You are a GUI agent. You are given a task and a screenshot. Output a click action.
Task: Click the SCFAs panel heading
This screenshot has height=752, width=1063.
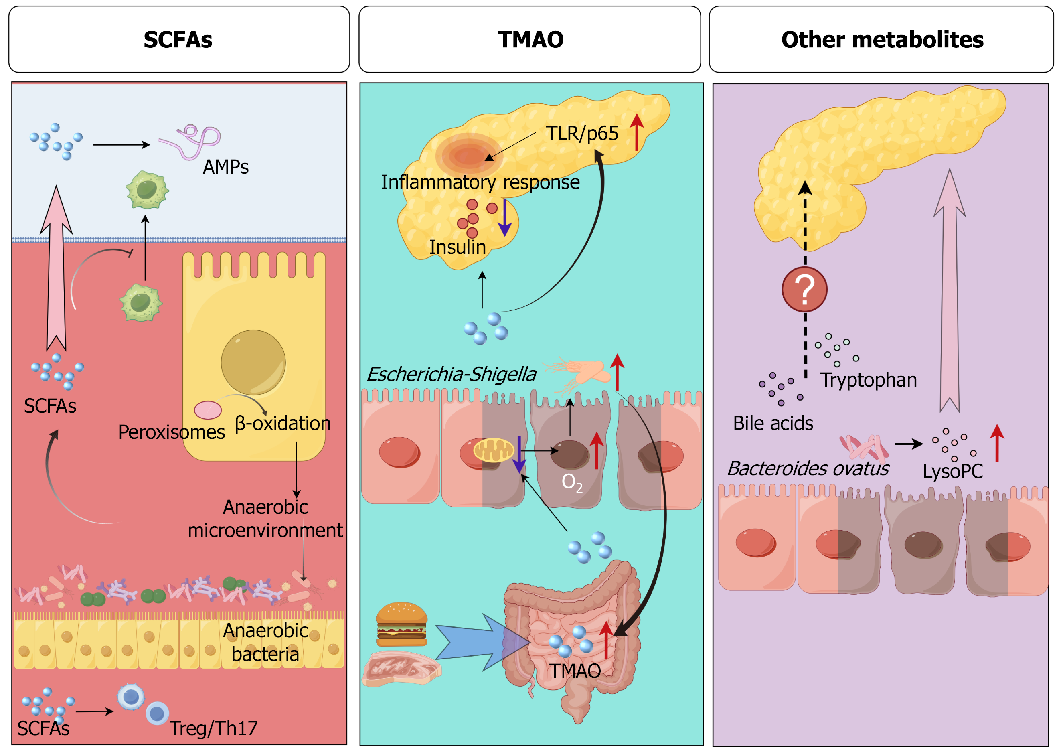pyautogui.click(x=178, y=39)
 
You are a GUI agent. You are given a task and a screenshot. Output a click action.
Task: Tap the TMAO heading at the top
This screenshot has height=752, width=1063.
pyautogui.click(x=530, y=39)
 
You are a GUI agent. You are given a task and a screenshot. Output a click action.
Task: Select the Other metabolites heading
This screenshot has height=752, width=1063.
pyautogui.click(x=882, y=39)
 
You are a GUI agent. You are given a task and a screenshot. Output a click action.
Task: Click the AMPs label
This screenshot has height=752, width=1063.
pyautogui.click(x=225, y=167)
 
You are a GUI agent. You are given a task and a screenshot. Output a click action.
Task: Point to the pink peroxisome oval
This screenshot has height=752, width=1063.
pyautogui.click(x=208, y=410)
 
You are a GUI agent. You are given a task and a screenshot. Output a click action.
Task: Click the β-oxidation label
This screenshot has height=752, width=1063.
pyautogui.click(x=282, y=423)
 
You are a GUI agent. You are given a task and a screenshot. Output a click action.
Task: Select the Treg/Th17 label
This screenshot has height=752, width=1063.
pyautogui.click(x=213, y=728)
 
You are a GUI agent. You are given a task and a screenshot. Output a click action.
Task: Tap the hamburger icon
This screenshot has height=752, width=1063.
pyautogui.click(x=401, y=624)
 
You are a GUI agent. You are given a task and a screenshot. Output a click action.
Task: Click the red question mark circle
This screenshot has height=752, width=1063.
pyautogui.click(x=805, y=290)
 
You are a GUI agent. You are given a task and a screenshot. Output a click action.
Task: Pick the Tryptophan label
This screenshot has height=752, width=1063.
pyautogui.click(x=869, y=380)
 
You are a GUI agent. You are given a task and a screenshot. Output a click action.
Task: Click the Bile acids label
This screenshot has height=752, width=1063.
pyautogui.click(x=773, y=423)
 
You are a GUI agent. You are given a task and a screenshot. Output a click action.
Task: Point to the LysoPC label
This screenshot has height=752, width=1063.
pyautogui.click(x=952, y=471)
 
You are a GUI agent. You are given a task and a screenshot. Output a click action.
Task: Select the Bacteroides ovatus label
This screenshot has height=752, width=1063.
pyautogui.click(x=808, y=468)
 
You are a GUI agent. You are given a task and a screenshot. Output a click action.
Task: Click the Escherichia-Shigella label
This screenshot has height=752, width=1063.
pyautogui.click(x=452, y=374)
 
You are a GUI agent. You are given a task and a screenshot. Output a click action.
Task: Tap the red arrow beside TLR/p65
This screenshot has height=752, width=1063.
pyautogui.click(x=637, y=132)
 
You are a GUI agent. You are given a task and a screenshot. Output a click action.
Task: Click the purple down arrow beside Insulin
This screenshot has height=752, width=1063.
pyautogui.click(x=505, y=218)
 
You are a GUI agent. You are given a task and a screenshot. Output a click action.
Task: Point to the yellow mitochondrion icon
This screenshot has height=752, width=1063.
pyautogui.click(x=494, y=450)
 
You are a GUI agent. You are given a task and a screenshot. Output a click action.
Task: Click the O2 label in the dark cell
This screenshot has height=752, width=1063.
pyautogui.click(x=572, y=482)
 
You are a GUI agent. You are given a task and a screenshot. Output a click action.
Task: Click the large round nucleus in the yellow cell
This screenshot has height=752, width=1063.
pyautogui.click(x=253, y=362)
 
